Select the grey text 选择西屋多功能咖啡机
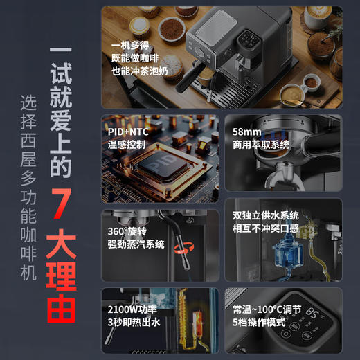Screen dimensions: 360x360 (28, 187)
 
